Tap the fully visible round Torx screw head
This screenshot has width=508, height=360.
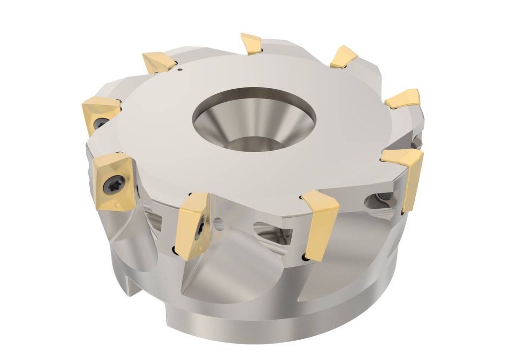click(110, 184)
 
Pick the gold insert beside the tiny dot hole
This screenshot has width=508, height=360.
click(158, 62)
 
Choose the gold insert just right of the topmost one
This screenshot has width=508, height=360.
click(344, 57)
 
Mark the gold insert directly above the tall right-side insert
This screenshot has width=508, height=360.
click(403, 99)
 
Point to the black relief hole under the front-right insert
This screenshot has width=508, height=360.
click(304, 258)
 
